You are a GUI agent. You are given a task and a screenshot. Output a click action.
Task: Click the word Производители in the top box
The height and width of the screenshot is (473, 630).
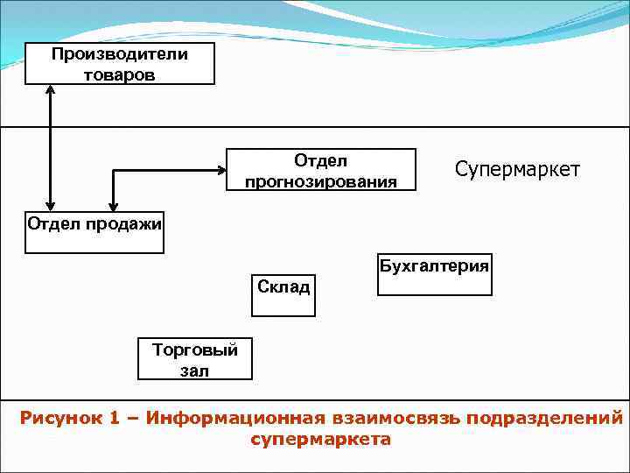click(120, 54)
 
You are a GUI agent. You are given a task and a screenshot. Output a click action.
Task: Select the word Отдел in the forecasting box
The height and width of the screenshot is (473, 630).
click(320, 160)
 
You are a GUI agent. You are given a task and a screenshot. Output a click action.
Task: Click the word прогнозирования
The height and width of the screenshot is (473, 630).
click(320, 181)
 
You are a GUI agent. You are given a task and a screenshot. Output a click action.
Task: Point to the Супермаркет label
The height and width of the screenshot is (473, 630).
click(517, 169)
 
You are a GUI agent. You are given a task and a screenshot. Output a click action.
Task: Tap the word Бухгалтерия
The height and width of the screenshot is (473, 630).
click(434, 265)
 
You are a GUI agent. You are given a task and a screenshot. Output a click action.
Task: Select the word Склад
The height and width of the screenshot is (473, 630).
click(283, 286)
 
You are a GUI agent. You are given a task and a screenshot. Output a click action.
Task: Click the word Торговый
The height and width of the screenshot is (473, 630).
click(195, 350)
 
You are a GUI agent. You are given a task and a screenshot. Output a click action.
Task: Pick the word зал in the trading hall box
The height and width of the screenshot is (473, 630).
click(194, 370)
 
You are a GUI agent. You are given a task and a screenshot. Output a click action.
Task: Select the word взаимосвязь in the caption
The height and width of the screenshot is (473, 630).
click(395, 418)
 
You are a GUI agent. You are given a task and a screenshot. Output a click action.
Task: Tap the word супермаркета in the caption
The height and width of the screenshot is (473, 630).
click(320, 439)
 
